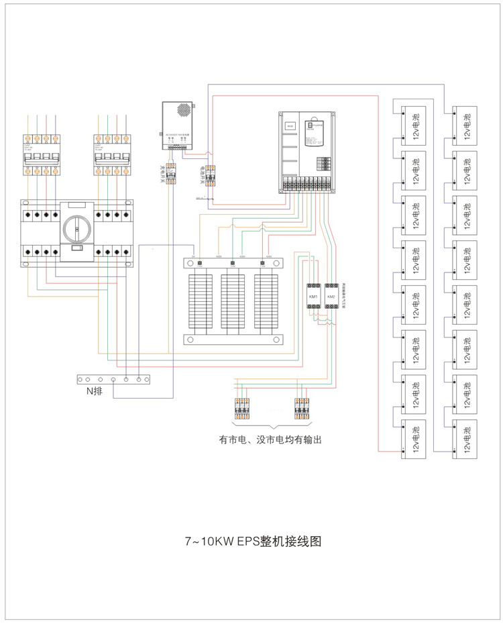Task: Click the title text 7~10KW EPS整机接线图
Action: pos(253,541)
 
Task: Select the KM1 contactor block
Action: pos(313,297)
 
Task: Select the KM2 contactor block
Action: pos(331,297)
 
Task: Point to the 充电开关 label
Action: pos(161,174)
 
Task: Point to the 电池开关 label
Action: pos(201,176)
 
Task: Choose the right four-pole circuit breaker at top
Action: pos(111,155)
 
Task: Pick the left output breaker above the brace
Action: pos(242,409)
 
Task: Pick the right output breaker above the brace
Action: pos(302,409)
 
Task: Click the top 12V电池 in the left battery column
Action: pos(415,125)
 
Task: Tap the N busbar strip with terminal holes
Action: pos(113,379)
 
